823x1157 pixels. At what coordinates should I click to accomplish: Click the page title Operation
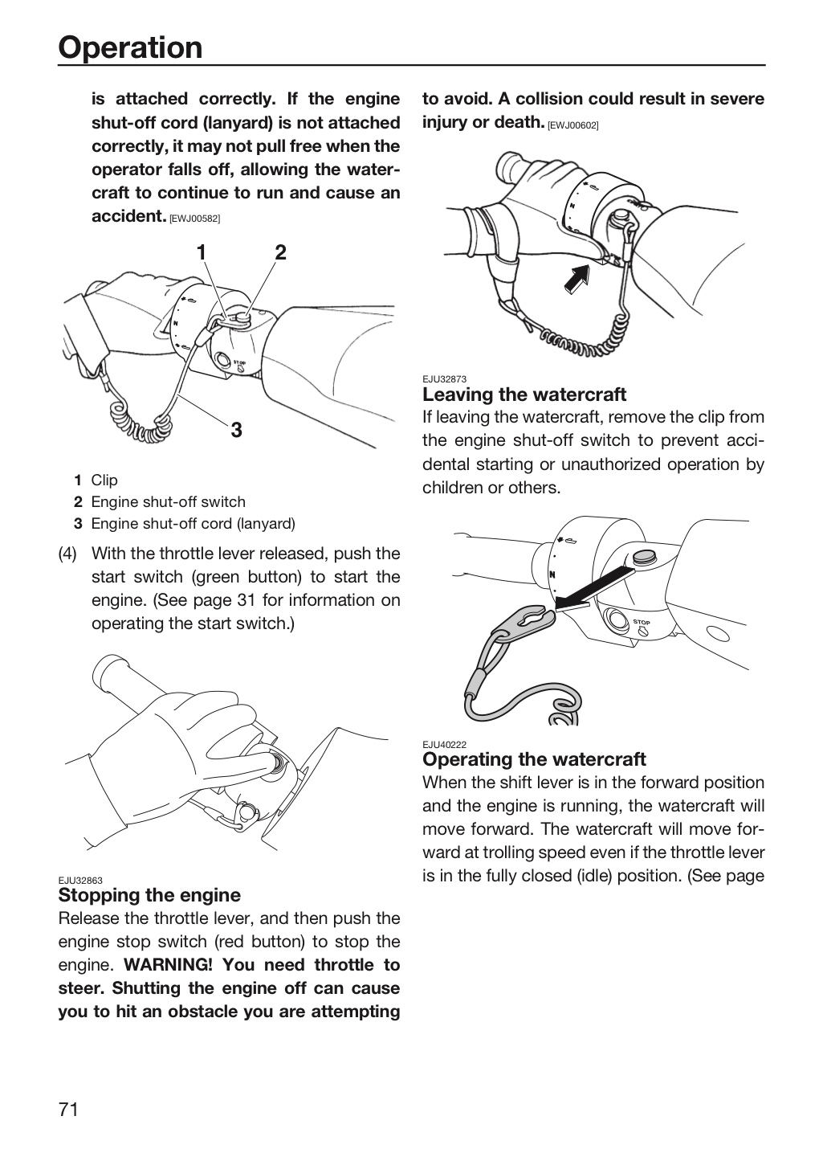(x=130, y=47)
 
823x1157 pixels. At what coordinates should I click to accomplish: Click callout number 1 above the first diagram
(x=202, y=252)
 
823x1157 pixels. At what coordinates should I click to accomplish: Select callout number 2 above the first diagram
(x=280, y=252)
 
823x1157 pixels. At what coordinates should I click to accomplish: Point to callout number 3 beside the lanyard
(x=236, y=430)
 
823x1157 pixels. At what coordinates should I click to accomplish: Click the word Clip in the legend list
(x=104, y=480)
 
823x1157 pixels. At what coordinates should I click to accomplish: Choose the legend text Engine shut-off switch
(x=169, y=502)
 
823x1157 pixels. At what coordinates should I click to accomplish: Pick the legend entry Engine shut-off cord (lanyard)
(x=193, y=524)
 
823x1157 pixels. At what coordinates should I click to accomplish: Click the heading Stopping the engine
(x=149, y=895)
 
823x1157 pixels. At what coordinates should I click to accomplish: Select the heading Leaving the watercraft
(x=524, y=395)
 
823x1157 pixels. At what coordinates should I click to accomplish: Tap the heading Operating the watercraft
(x=534, y=759)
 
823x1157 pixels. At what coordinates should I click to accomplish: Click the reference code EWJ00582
(x=194, y=219)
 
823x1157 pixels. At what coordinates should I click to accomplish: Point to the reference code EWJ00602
(x=573, y=125)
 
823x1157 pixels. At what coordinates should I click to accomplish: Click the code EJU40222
(x=444, y=744)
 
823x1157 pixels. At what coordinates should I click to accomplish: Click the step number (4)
(x=67, y=554)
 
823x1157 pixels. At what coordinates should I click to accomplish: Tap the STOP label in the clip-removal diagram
(x=642, y=622)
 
